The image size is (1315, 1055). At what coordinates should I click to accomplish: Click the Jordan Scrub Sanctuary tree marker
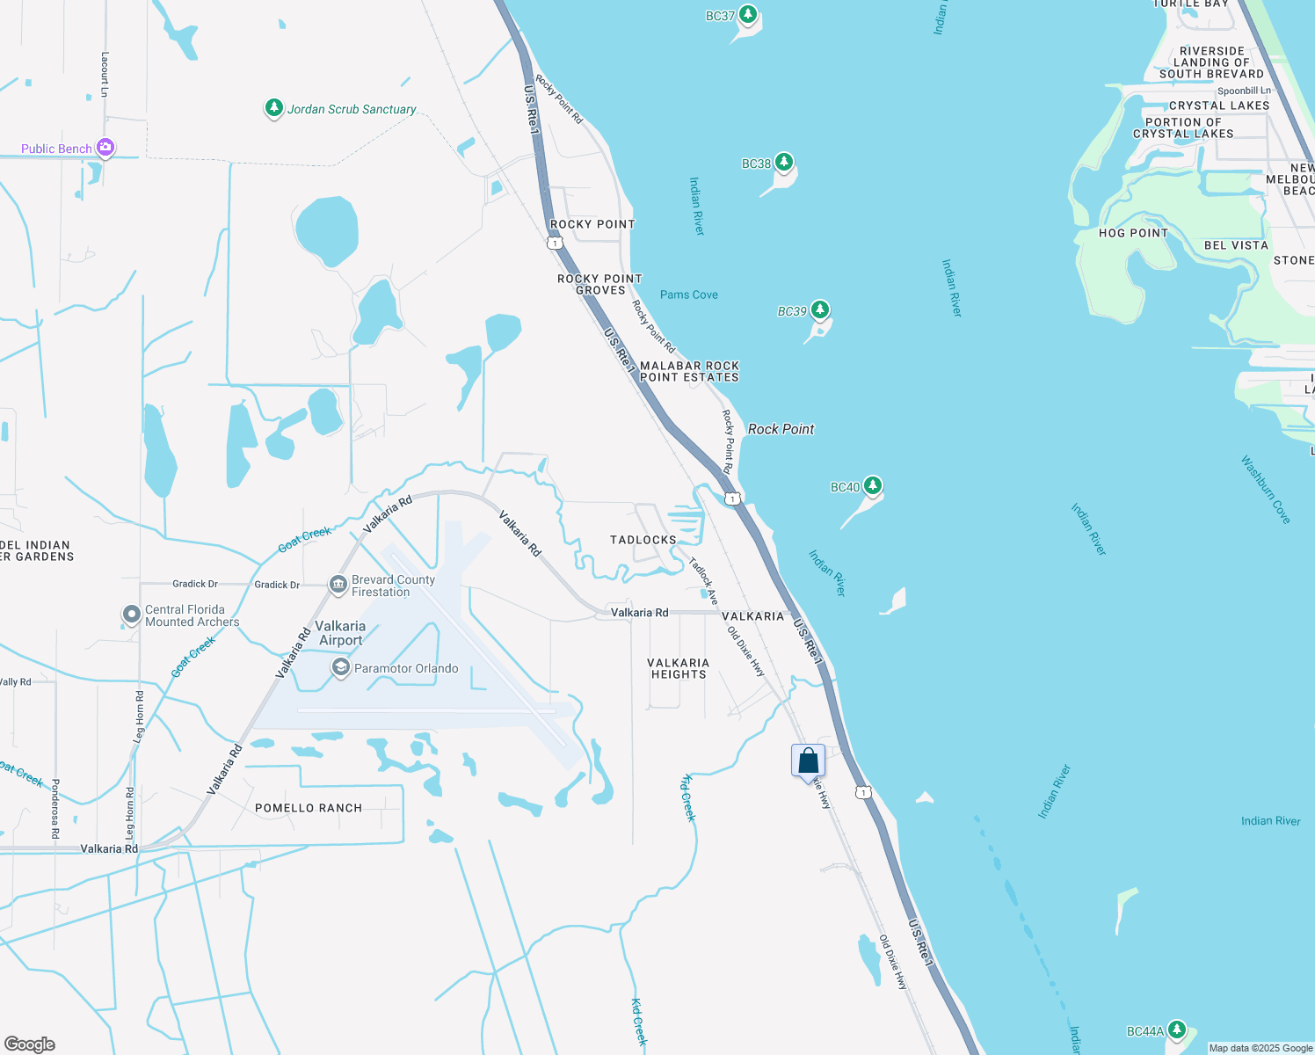274,108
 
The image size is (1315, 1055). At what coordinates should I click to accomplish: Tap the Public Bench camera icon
105,148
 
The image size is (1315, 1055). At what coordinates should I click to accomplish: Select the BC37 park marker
748,14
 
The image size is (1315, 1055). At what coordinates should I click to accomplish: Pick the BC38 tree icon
783,162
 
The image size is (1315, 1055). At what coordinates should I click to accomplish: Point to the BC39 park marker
820,309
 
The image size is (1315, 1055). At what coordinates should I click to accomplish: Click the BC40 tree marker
872,485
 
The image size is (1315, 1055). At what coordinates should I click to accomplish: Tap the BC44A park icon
1177,1030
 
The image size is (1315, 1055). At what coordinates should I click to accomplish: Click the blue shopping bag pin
808,761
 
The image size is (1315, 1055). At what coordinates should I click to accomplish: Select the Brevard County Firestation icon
338,585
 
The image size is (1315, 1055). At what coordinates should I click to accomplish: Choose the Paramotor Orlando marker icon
340,668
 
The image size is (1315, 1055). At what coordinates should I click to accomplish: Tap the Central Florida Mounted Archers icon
131,615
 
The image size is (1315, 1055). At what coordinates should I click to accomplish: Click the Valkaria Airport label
340,633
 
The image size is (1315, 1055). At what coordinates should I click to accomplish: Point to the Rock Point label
781,429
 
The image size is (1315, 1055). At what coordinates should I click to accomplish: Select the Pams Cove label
689,295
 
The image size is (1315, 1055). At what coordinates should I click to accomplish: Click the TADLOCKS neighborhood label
643,540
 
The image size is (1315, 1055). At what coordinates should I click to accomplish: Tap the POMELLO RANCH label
309,808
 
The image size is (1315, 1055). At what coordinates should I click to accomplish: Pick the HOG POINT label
1133,233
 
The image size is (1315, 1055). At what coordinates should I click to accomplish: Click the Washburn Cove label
1266,490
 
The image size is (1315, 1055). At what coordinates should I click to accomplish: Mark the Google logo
30,1044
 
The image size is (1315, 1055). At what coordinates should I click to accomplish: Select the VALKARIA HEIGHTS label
679,669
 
